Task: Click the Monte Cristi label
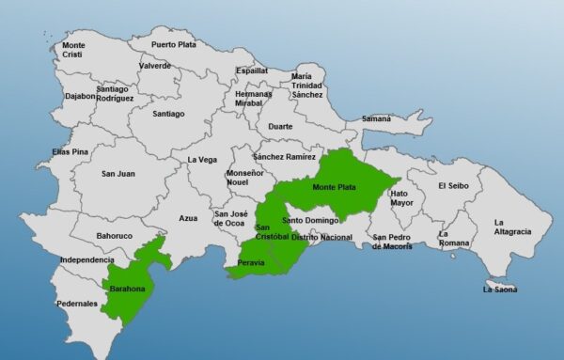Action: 73,50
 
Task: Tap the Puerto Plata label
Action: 175,43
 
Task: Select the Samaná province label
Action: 377,118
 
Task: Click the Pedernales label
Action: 76,304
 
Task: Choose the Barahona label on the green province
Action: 128,289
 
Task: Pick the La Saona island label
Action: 501,290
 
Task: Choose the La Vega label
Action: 202,160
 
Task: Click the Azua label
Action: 188,218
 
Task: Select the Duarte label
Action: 280,126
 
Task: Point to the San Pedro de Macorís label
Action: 392,242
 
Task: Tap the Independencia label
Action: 86,259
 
